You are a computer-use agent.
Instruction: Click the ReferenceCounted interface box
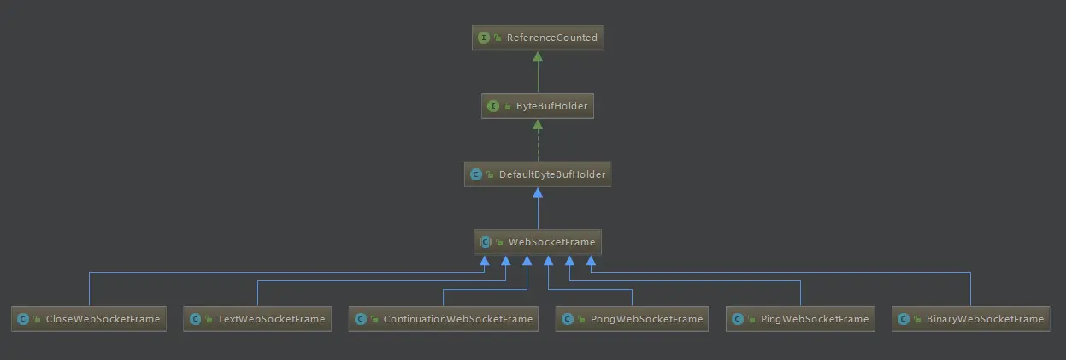[x=537, y=38]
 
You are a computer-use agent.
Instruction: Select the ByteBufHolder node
[x=537, y=106]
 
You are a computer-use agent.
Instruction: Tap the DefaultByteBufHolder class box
[x=537, y=174]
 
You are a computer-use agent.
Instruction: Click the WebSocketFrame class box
[x=537, y=242]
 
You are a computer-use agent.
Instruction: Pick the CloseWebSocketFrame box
[x=88, y=319]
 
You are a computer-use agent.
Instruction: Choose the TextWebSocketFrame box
[x=257, y=319]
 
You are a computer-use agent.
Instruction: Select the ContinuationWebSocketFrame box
[x=443, y=319]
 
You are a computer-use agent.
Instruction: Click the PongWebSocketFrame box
[x=632, y=319]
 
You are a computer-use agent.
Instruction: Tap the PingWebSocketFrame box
[x=800, y=319]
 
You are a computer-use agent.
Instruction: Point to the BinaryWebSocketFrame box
[x=970, y=319]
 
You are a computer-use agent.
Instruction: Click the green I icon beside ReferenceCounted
[x=484, y=38]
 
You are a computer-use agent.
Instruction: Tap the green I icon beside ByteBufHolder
[x=493, y=106]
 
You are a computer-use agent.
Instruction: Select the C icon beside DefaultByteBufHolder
[x=476, y=174]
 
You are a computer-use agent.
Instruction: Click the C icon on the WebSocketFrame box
[x=486, y=242]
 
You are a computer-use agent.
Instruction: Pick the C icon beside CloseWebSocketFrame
[x=23, y=319]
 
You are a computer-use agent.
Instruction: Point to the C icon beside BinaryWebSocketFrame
[x=904, y=319]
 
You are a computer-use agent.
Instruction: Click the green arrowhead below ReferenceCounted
[x=537, y=56]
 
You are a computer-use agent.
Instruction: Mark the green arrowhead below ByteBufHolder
[x=537, y=125]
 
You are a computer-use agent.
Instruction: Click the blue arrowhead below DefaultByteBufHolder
[x=537, y=193]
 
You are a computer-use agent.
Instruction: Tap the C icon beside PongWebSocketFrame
[x=567, y=319]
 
